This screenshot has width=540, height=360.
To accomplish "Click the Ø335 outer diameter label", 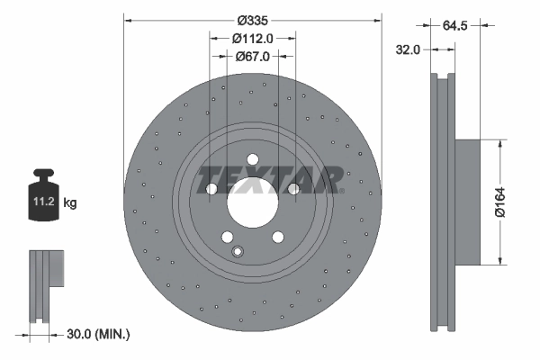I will pyautogui.click(x=253, y=17).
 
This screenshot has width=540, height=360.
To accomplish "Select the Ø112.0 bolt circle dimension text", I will pyautogui.click(x=253, y=38).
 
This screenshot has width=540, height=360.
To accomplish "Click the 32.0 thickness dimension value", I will pyautogui.click(x=409, y=50).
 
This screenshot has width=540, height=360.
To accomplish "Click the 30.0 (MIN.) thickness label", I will pyautogui.click(x=100, y=334).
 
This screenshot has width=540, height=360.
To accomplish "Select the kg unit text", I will pyautogui.click(x=69, y=203).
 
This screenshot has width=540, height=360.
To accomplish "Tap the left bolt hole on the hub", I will pyautogui.click(x=212, y=189).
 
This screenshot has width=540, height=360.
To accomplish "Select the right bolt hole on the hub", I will pyautogui.click(x=293, y=189).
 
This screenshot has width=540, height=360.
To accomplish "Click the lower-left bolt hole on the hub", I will pyautogui.click(x=228, y=238).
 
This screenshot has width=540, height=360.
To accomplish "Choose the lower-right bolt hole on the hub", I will pyautogui.click(x=278, y=238).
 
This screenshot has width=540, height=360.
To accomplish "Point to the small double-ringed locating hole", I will pyautogui.click(x=238, y=251).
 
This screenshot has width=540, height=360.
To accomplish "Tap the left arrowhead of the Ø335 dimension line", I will pyautogui.click(x=126, y=17).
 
